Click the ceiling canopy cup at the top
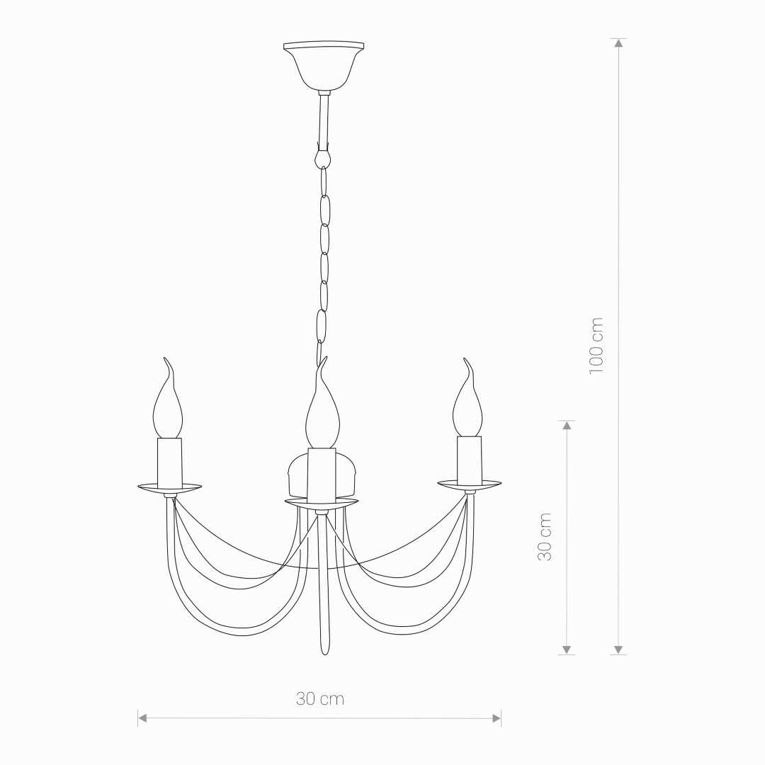click(x=324, y=65)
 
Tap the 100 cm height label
click(x=596, y=346)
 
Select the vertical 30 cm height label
click(x=545, y=537)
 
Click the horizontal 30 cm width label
click(x=320, y=699)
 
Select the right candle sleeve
click(x=470, y=460)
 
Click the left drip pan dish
click(x=170, y=487)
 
